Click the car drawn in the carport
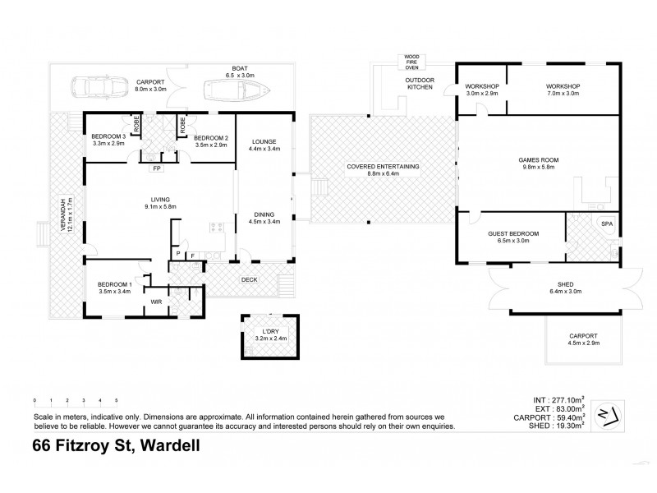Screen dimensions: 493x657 (97, 86)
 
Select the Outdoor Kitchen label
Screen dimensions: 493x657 (419, 84)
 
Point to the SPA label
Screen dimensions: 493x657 (607, 223)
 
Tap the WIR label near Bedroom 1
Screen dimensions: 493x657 (156, 302)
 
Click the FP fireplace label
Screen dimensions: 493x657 (156, 169)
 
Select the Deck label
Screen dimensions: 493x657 (249, 279)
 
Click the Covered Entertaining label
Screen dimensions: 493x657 (383, 170)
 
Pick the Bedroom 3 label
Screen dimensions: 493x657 (108, 140)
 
